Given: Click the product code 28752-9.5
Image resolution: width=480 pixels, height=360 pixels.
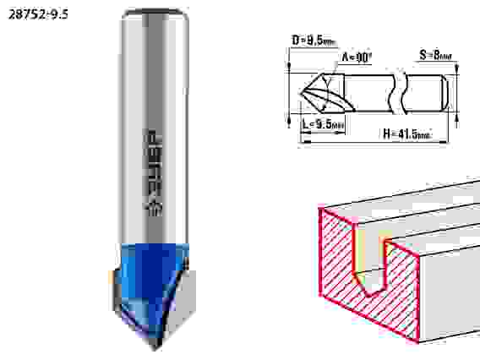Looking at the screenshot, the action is tap(38, 14).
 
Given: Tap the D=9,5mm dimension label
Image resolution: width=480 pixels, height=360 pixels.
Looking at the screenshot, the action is tap(314, 41).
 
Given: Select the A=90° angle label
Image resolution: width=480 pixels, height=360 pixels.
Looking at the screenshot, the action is tap(357, 57).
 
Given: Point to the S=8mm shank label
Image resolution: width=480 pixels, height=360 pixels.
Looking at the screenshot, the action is tap(435, 56).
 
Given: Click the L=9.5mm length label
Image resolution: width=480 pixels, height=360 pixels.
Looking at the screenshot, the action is tap(324, 124).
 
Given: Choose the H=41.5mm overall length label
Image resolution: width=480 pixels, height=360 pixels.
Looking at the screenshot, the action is tap(407, 134).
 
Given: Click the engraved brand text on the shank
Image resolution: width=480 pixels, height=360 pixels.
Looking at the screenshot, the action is tap(153, 172).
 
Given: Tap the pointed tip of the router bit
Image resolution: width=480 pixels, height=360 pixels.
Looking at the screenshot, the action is tap(155, 348).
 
